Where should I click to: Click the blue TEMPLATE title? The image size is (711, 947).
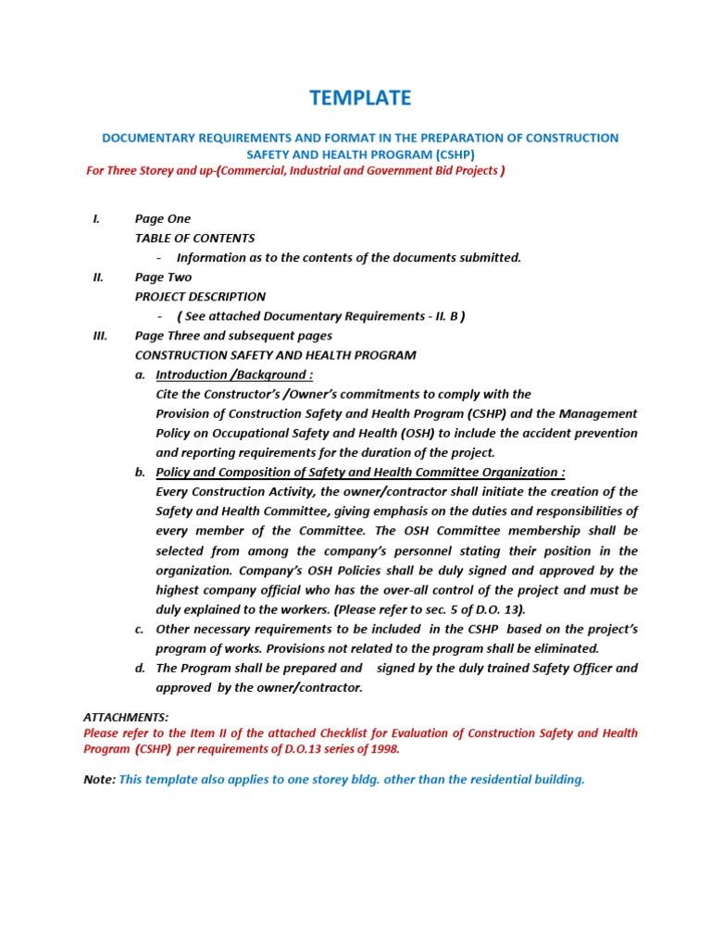(x=360, y=98)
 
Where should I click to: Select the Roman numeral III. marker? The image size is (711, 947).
(x=101, y=336)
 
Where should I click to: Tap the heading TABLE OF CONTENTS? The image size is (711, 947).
(x=194, y=239)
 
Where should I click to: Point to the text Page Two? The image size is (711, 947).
(x=163, y=277)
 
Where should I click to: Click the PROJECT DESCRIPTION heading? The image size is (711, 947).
(x=200, y=297)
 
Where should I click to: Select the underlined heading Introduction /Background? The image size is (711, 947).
(x=233, y=375)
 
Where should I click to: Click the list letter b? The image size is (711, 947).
(x=140, y=473)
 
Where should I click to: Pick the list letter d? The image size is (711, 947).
(x=140, y=668)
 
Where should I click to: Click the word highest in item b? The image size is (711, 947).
(x=179, y=590)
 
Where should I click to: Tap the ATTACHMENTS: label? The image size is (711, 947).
(x=126, y=718)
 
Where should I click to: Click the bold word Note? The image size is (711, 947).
(x=99, y=780)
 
